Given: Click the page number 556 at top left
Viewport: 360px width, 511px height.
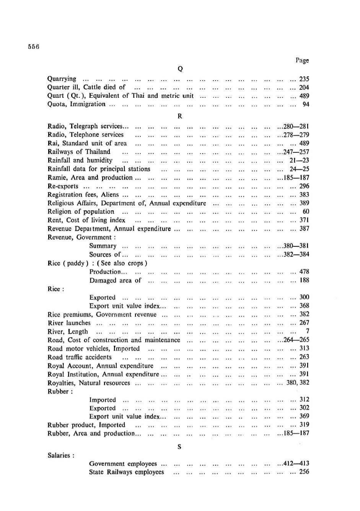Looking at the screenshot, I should [34, 47].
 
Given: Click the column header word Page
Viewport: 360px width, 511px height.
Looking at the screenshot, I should [302, 60].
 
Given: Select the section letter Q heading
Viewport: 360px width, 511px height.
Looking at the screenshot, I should [180, 69].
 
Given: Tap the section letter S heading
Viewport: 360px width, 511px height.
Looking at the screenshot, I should [179, 446].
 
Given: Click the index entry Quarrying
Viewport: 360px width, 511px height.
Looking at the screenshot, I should [62, 79].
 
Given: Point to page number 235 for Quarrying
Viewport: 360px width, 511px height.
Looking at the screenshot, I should [304, 79].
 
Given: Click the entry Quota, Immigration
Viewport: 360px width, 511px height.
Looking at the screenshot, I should [76, 104].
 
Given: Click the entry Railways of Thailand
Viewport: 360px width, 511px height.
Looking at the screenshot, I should [79, 152].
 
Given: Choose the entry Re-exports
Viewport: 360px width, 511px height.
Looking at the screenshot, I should [63, 186].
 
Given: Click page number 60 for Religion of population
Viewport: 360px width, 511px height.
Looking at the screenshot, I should [306, 212].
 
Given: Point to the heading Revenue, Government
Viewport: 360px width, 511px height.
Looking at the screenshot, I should [81, 237].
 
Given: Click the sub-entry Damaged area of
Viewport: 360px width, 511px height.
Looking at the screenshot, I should [115, 281].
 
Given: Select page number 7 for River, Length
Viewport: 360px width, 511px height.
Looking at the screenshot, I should [307, 331].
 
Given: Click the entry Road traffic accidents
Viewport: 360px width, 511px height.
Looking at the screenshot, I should [80, 357].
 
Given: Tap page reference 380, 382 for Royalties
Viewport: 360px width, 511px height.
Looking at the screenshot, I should [298, 383].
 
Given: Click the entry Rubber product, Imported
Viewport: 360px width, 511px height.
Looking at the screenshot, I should [86, 425].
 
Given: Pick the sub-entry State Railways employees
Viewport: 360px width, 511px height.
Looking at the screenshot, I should [127, 472].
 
